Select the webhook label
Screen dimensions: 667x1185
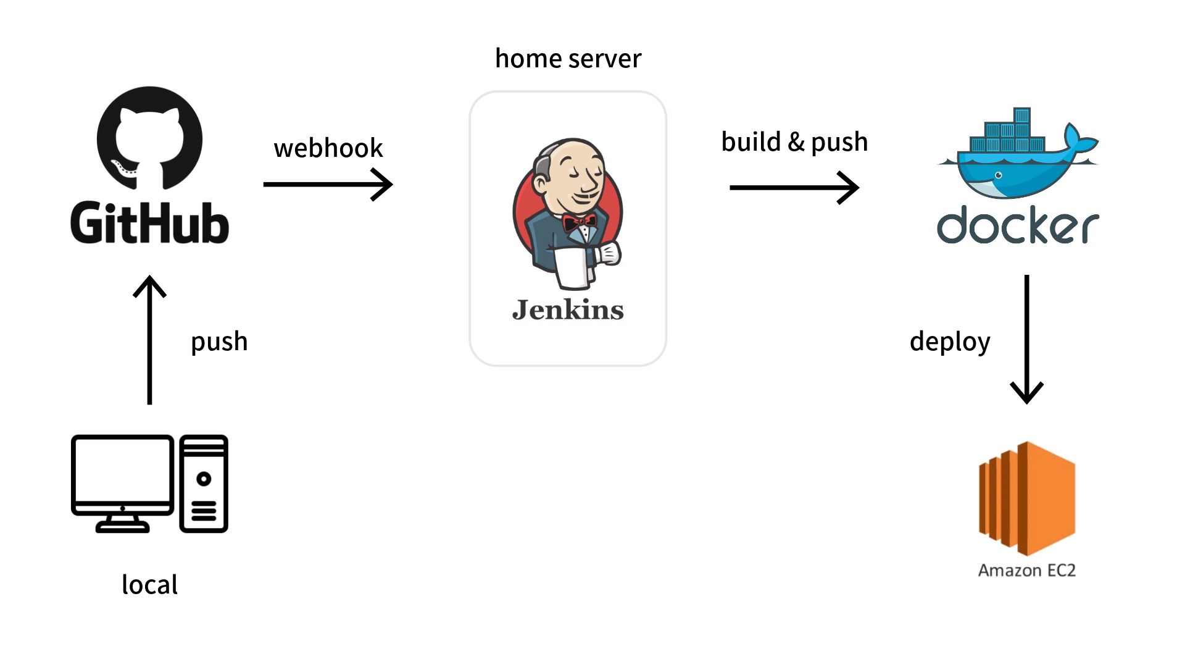point(328,148)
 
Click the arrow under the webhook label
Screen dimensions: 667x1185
point(328,184)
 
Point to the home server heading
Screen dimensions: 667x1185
point(568,59)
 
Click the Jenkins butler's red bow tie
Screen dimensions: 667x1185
point(579,222)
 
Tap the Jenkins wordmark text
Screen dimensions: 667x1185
point(568,309)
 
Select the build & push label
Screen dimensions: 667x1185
point(794,142)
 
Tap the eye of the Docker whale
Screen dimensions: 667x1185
point(998,175)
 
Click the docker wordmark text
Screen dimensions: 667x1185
point(1018,226)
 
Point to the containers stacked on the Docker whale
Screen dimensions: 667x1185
point(1007,136)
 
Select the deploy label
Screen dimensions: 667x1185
point(950,342)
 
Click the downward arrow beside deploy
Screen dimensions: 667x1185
point(1026,340)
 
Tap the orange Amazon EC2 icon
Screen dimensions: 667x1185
point(1027,498)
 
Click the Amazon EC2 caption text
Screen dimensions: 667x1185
point(1027,570)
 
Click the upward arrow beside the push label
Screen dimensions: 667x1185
point(149,340)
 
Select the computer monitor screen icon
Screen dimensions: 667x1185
point(122,476)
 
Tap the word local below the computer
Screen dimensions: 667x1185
point(149,585)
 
